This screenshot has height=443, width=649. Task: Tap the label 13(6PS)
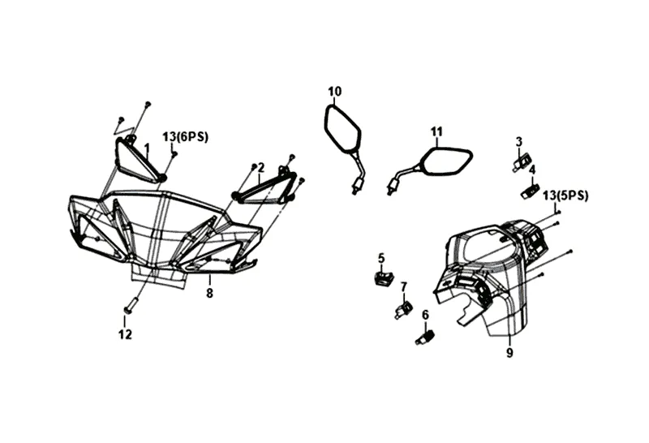(x=185, y=136)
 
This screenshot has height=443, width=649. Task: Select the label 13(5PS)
(x=565, y=195)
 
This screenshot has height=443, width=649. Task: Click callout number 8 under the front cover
(x=209, y=293)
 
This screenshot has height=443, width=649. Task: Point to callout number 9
(x=509, y=353)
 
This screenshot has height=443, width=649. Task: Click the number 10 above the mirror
(x=335, y=91)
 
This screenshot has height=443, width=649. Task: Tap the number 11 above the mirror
(x=436, y=131)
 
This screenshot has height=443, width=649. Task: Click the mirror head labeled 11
(x=447, y=160)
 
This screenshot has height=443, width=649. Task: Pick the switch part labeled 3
(x=521, y=161)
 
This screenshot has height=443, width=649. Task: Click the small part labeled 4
(x=531, y=191)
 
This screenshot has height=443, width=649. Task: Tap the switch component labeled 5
(x=383, y=278)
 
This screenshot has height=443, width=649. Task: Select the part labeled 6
(x=425, y=336)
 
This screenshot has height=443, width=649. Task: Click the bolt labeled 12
(x=128, y=308)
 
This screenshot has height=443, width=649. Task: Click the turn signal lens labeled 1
(x=136, y=159)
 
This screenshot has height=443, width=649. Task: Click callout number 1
(x=147, y=148)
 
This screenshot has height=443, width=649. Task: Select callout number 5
(x=380, y=258)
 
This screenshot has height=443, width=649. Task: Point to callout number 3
(x=518, y=141)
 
